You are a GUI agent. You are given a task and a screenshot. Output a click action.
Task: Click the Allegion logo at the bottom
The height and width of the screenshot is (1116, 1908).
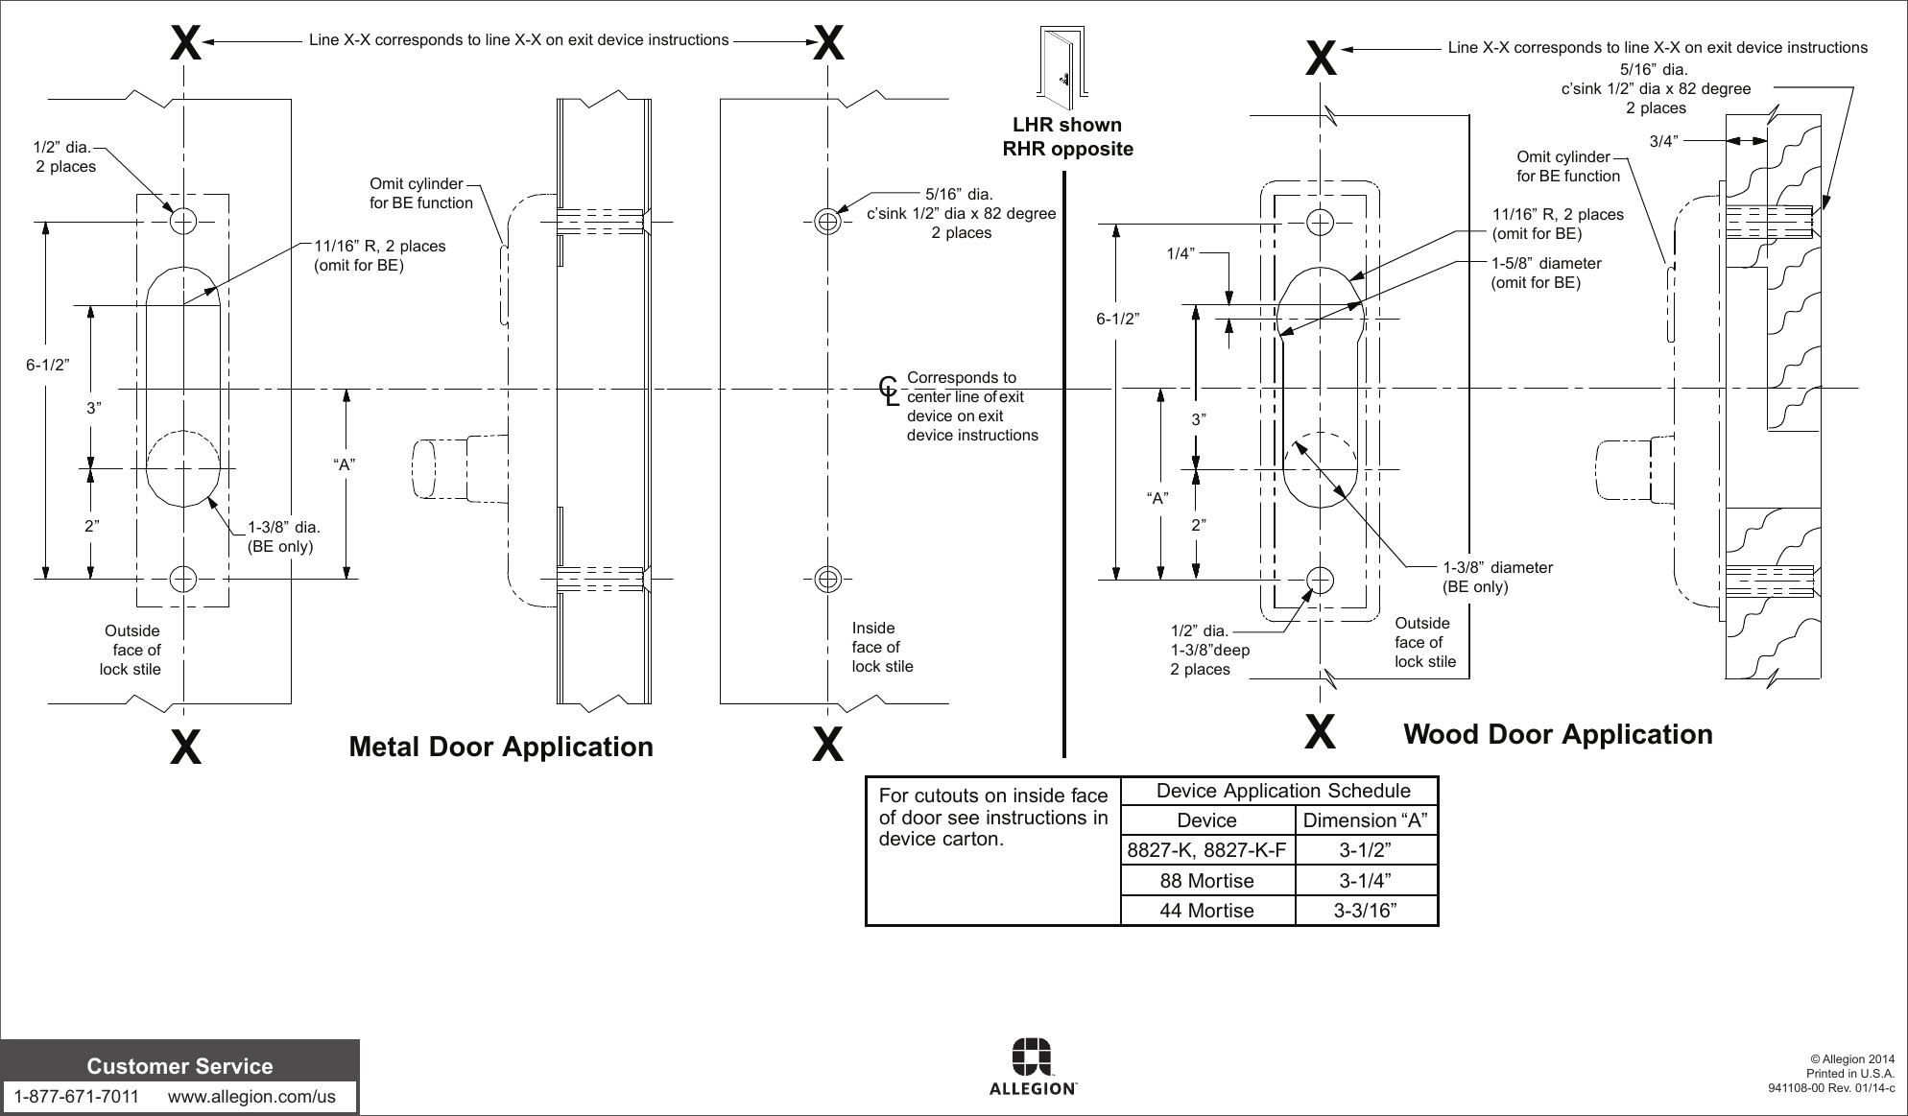[1032, 1066]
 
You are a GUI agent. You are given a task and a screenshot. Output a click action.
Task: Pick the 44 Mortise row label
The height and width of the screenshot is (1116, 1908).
[1206, 911]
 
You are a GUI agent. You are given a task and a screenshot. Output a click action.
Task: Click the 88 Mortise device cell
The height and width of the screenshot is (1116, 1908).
[1206, 881]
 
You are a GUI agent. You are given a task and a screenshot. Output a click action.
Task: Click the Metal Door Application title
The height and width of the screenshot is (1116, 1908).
[500, 747]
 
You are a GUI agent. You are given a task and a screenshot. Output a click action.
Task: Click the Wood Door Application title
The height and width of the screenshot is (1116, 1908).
[1557, 735]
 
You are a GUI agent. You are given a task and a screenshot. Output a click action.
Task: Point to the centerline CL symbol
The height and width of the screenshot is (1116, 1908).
[890, 389]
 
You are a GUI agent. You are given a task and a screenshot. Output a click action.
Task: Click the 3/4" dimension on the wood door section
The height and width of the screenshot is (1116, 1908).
[1663, 141]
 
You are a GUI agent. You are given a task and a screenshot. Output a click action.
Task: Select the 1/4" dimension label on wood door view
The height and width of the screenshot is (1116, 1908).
[1180, 253]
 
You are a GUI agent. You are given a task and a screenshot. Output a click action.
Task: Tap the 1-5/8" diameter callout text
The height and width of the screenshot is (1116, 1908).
[1545, 272]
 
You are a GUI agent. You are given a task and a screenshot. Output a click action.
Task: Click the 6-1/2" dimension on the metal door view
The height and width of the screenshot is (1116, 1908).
[47, 365]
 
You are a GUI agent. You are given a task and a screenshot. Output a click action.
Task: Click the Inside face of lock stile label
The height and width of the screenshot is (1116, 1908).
[882, 647]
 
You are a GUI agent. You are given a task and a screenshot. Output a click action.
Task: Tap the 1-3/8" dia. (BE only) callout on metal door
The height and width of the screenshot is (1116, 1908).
[282, 536]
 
